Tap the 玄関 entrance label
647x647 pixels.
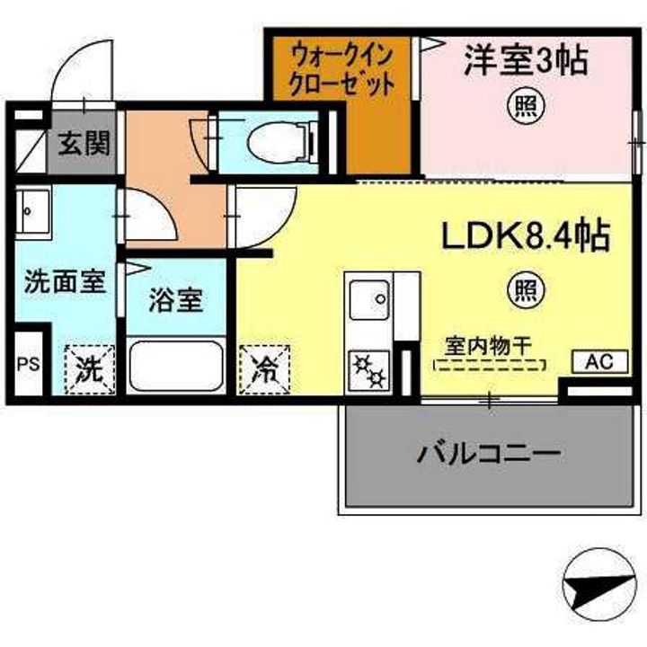click(84, 143)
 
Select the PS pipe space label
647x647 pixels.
click(29, 364)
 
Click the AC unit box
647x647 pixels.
click(600, 362)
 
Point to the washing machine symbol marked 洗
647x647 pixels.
click(89, 369)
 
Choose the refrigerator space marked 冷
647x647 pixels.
click(264, 369)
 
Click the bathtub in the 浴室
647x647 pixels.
click(176, 366)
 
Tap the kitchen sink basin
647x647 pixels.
click(369, 299)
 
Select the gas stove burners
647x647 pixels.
click(369, 370)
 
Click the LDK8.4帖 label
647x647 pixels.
click(526, 236)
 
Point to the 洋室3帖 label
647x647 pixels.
click(526, 61)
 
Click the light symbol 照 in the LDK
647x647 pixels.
click(526, 291)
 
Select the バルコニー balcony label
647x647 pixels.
click(489, 454)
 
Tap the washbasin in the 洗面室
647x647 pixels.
click(34, 212)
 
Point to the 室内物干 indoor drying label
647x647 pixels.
click(488, 346)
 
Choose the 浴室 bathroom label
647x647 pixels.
click(176, 300)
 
